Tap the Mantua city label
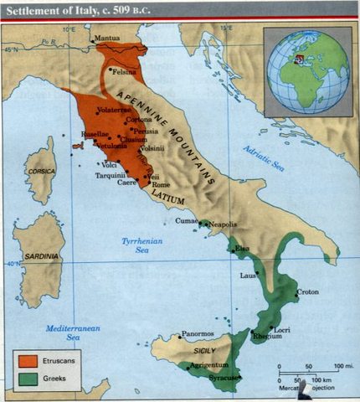tap(107, 39)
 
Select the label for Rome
tap(162, 185)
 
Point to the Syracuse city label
tap(223, 377)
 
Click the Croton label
tap(307, 292)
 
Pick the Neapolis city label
tap(223, 225)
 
